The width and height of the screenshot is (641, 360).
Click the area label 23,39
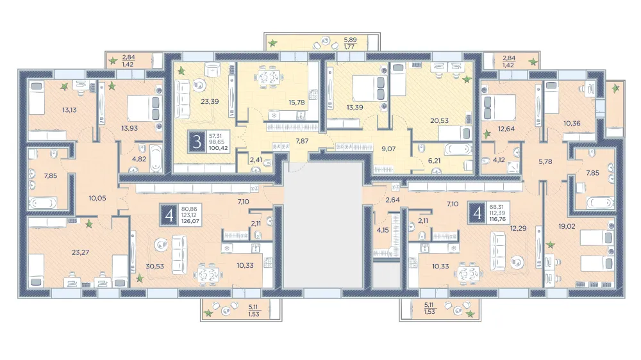(210, 101)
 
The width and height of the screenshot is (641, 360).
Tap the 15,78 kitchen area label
(297, 102)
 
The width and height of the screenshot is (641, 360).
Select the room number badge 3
(197, 142)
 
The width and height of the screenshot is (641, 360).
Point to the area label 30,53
(155, 266)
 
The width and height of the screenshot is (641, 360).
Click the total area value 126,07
(190, 221)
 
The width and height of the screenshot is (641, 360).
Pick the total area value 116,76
(497, 219)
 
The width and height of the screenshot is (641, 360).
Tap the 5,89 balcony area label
(350, 40)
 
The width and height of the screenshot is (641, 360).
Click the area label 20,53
(440, 120)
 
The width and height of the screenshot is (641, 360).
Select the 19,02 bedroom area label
(567, 226)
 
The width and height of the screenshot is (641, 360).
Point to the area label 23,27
(80, 252)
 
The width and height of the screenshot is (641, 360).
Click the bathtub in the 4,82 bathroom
(156, 158)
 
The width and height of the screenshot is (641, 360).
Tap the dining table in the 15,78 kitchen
(269, 76)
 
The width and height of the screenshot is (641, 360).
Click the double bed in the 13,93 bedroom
(144, 108)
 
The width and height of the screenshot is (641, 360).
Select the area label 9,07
(388, 149)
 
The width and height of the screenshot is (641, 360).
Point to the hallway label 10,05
(97, 198)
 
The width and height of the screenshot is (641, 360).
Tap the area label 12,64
(506, 129)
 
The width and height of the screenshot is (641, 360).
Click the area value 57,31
(215, 136)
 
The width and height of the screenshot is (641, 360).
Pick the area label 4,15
(383, 230)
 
